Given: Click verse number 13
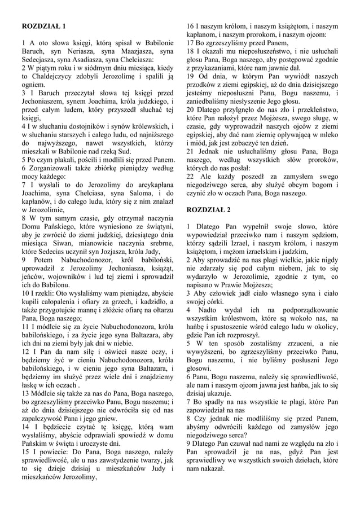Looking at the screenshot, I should point(25,392).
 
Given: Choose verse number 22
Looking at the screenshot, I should point(191,176).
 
